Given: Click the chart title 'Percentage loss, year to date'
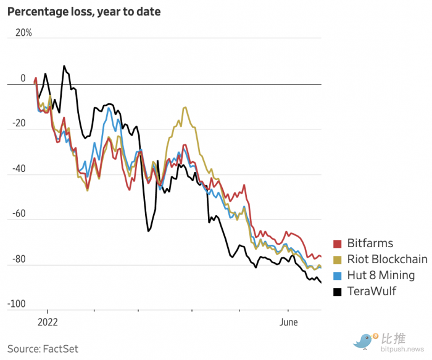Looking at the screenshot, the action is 84,12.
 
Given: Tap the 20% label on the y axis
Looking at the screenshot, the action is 23,33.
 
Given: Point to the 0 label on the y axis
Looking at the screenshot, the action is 23,78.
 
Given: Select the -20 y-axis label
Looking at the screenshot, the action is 19,123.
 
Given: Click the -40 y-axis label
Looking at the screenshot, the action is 19,168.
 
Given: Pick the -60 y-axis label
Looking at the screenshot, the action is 19,213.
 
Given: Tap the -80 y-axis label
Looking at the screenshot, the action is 19,259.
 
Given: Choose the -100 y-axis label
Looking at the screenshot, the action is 17,304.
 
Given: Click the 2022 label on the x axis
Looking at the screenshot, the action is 48,322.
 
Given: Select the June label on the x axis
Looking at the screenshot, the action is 288,322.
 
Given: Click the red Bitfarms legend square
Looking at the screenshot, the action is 337,243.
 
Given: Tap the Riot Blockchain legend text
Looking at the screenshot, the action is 387,260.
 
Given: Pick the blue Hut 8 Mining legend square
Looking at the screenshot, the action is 337,276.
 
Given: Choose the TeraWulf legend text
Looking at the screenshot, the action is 372,291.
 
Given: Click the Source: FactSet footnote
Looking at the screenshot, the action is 43,349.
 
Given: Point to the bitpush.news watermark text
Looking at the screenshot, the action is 402,350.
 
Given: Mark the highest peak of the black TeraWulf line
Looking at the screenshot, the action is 64,66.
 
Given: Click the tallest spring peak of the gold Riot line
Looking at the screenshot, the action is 185,107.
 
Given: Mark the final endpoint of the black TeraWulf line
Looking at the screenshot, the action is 321,282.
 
